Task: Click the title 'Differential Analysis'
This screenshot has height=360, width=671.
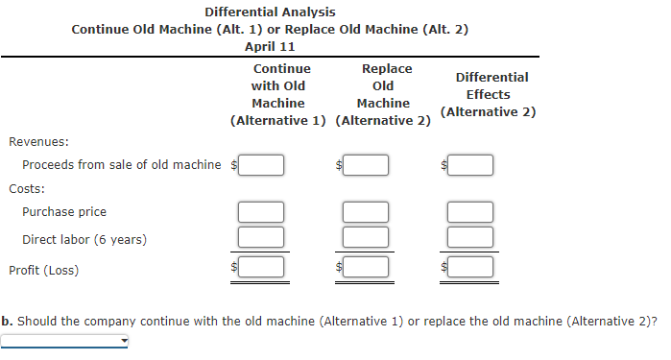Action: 270,12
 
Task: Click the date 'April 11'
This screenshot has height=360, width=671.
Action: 270,46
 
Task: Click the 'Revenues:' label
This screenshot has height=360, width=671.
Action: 38,141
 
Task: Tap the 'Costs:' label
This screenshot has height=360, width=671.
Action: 27,188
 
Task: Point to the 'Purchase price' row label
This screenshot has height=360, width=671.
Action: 64,211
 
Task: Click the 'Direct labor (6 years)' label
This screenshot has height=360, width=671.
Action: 84,239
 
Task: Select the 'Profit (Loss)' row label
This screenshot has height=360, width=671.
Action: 44,270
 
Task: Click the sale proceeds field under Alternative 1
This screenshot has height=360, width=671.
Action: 261,165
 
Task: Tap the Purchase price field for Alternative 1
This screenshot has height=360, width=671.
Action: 261,212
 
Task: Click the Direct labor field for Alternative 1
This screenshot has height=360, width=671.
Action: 261,236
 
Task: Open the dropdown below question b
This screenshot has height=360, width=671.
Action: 65,341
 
